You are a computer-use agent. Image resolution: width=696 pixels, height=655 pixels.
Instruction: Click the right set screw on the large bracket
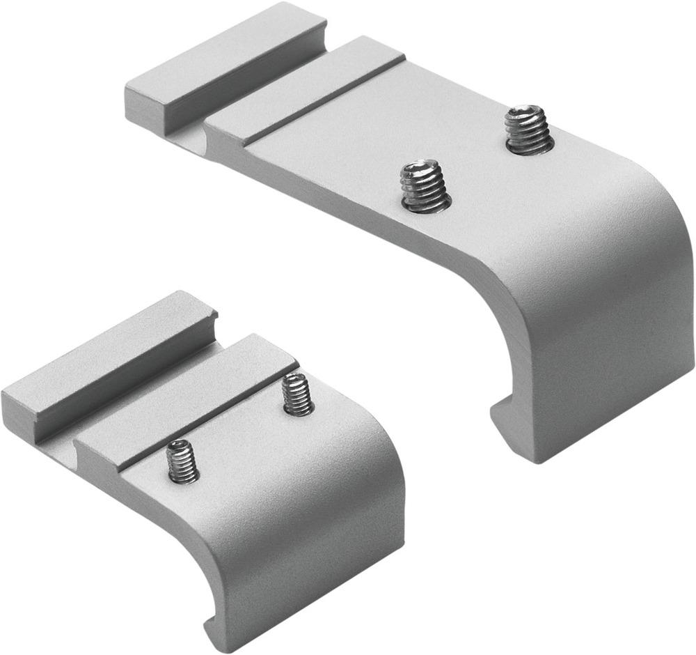529,130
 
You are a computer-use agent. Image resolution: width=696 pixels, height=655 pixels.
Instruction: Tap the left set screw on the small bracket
183,462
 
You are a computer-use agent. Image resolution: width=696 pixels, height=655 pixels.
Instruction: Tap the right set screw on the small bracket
298,396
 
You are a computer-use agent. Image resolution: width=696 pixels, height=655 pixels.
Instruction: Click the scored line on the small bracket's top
209,418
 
